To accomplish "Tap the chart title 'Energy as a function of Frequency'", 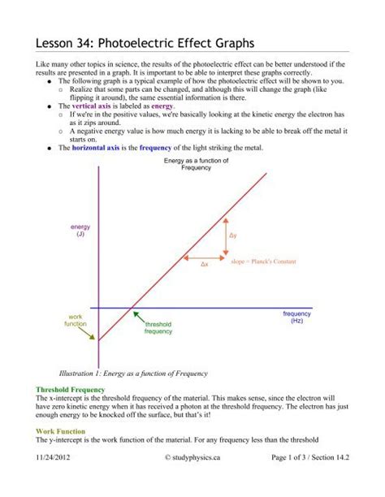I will coord(196,164).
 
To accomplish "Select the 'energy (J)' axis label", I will coord(80,230).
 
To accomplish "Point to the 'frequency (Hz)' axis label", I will coord(296,317).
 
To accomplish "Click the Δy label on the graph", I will coord(233,236).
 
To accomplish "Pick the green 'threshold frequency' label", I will coord(158,327).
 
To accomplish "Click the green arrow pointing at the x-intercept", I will coord(138,318).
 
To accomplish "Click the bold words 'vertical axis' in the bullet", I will coord(95,106).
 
